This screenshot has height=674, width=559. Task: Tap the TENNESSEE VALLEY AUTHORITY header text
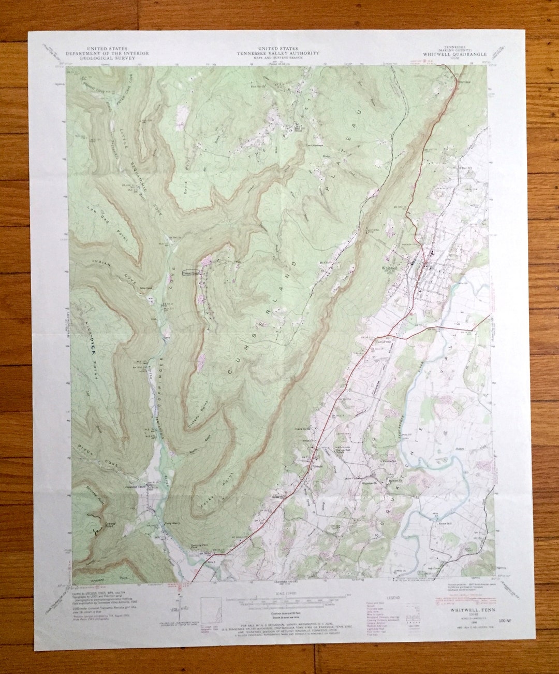[278, 53]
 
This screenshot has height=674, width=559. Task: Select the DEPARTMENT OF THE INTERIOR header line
[107, 53]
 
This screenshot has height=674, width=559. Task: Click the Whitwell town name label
[388, 268]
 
